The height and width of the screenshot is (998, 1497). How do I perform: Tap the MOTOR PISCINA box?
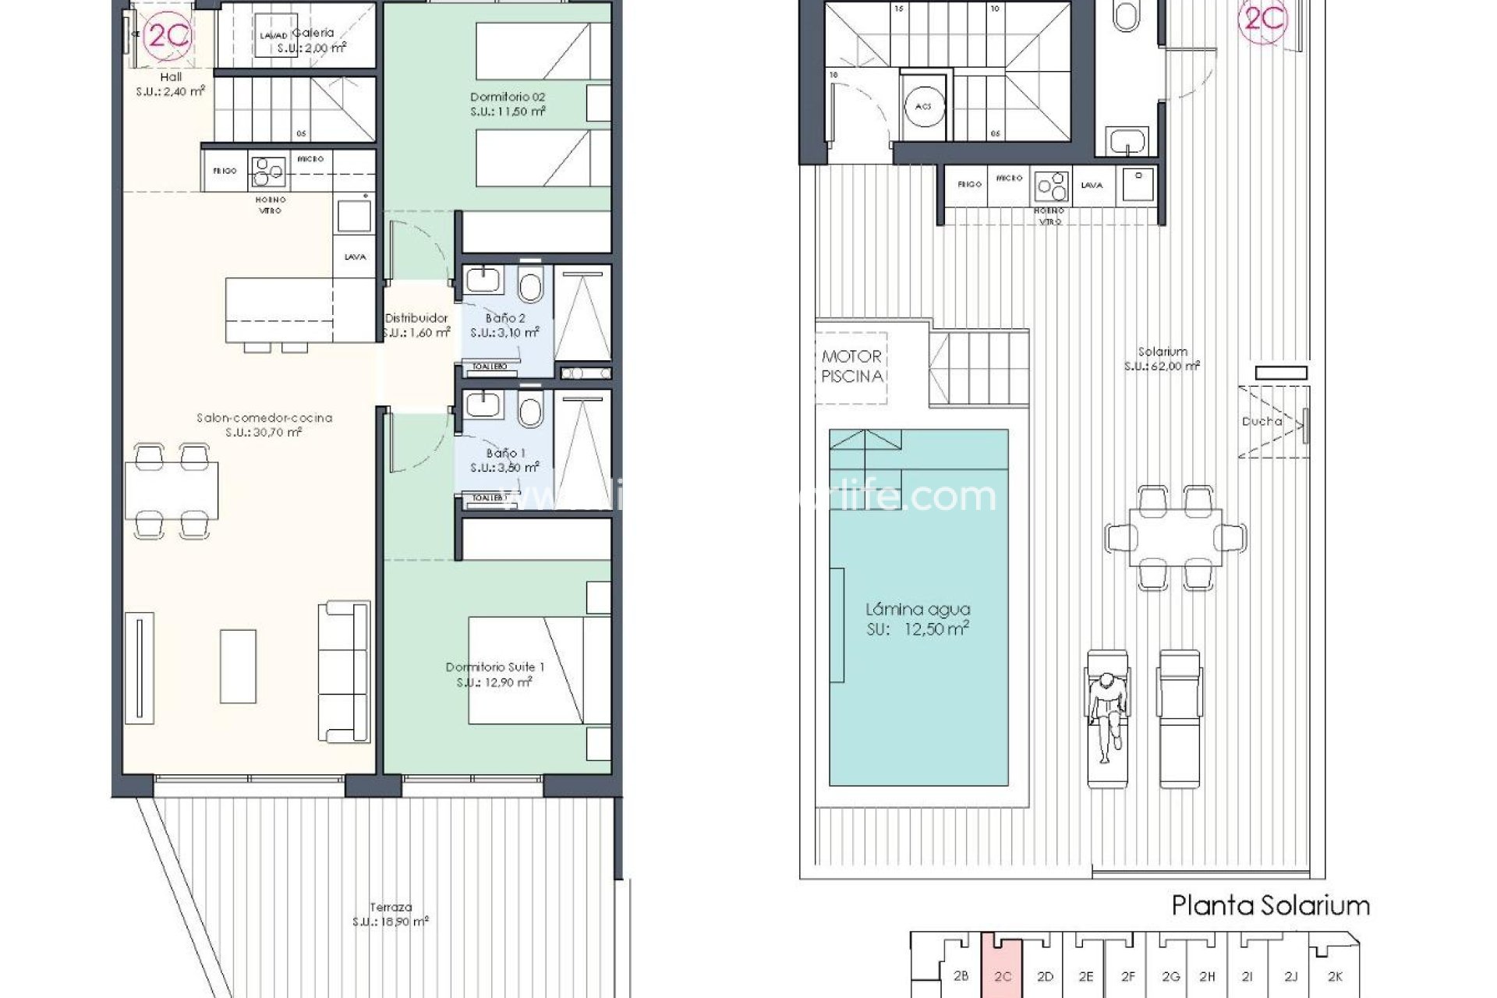[851, 366]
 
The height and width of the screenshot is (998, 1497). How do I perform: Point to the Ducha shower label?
[1262, 421]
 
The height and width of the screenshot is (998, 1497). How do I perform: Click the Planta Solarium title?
[1270, 905]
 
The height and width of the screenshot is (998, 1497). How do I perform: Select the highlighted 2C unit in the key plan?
[1002, 975]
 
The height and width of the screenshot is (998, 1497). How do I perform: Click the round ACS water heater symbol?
[923, 107]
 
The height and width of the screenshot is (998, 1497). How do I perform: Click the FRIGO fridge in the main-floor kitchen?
[225, 171]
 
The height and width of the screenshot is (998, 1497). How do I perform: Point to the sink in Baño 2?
[485, 281]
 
